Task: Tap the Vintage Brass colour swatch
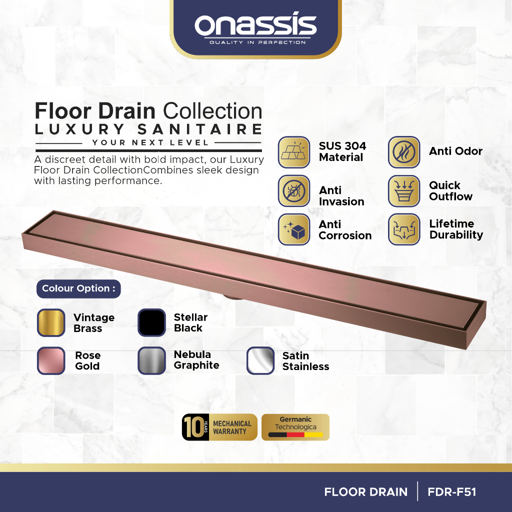pyautogui.click(x=51, y=322)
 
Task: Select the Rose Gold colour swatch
pyautogui.click(x=51, y=360)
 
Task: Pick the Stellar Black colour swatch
pyautogui.click(x=151, y=322)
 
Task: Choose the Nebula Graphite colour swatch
pyautogui.click(x=151, y=360)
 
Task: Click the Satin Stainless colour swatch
pyautogui.click(x=260, y=360)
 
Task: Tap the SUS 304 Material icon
pyautogui.click(x=294, y=152)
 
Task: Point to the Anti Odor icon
pyautogui.click(x=404, y=152)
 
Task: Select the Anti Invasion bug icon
pyautogui.click(x=294, y=191)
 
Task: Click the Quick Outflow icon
pyautogui.click(x=404, y=191)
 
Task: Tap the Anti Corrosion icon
pyautogui.click(x=294, y=229)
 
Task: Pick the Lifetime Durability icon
pyautogui.click(x=404, y=229)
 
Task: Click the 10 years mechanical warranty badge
pyautogui.click(x=219, y=427)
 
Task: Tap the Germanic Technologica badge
pyautogui.click(x=295, y=427)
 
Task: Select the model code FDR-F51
pyautogui.click(x=452, y=492)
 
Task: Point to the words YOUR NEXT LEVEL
pyautogui.click(x=150, y=142)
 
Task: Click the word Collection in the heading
pyautogui.click(x=212, y=111)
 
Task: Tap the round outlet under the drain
pyautogui.click(x=231, y=297)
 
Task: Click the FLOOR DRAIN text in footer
pyautogui.click(x=366, y=492)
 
